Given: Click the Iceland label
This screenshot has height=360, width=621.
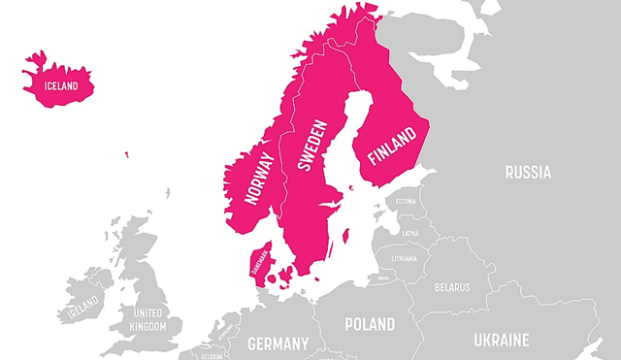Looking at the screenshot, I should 60,84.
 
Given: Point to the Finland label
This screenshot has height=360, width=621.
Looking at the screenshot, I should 390,146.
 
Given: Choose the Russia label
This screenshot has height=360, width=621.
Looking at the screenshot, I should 528,173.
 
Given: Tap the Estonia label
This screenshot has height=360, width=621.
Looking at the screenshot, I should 406,202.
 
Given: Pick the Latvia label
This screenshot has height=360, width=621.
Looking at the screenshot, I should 410,233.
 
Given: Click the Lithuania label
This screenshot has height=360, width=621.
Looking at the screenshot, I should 404,258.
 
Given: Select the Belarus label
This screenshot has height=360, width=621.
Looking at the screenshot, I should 452,287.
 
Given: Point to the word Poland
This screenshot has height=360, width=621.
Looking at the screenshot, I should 370,323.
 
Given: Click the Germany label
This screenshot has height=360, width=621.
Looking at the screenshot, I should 278,343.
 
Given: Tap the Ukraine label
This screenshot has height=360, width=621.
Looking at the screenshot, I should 501,340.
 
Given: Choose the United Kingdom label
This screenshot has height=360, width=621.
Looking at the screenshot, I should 149,319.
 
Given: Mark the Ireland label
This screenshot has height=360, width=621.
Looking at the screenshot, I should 82,312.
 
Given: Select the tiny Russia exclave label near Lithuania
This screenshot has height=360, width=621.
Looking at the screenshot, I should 382,278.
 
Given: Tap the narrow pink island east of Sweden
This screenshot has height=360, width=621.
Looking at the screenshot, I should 347,236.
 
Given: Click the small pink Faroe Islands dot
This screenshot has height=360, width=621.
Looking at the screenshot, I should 125,153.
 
